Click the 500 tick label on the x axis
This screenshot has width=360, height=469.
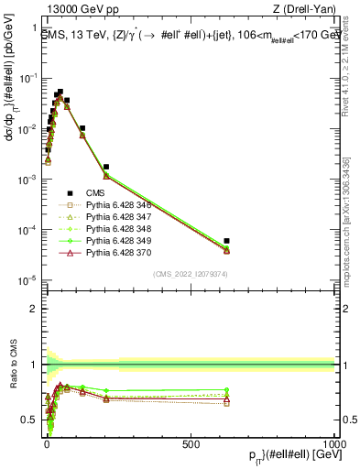(x=191, y=444)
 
